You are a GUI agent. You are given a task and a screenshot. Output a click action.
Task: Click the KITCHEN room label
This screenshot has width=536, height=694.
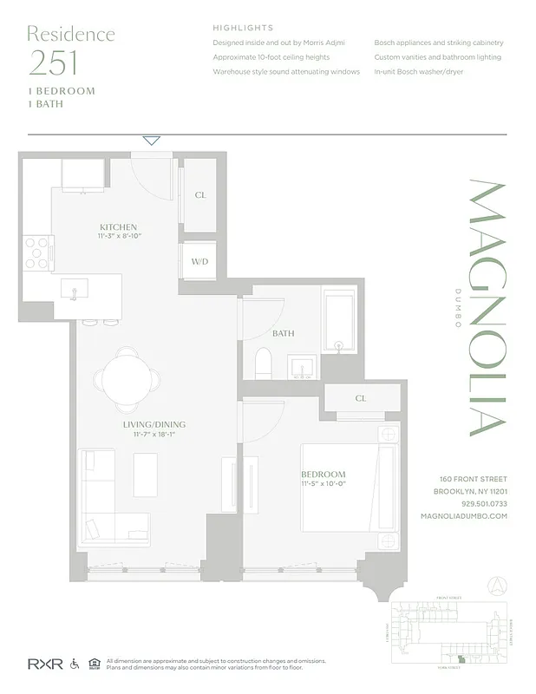point(118,226)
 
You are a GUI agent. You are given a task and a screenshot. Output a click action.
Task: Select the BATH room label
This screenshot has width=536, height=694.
point(283,333)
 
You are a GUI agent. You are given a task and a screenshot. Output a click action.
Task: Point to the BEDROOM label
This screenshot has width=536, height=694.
point(324,474)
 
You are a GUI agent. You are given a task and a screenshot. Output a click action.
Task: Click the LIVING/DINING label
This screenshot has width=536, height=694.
point(154,424)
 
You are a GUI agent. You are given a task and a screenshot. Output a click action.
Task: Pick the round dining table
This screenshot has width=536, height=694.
point(127,376)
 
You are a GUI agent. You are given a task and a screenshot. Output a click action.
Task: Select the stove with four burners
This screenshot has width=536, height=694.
point(36,252)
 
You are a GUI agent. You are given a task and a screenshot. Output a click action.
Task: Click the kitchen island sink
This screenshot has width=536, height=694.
point(74,290)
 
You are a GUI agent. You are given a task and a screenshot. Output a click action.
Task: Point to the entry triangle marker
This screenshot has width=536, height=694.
point(152,140)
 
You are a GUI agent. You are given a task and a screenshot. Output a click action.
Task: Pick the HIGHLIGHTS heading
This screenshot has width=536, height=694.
point(243,28)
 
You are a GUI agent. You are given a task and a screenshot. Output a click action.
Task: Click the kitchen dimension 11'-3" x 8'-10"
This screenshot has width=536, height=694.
point(118,235)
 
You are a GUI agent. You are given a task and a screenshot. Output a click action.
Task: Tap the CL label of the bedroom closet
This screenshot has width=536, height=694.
point(360,398)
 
